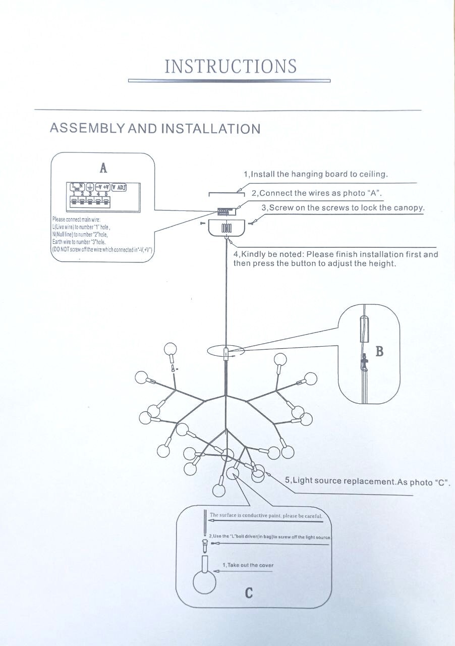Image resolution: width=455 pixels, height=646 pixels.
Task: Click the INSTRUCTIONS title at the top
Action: click(230, 67)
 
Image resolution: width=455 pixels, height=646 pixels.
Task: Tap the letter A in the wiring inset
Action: click(103, 168)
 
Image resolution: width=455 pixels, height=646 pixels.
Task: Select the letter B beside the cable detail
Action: click(379, 351)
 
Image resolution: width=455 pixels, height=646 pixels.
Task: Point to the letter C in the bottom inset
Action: click(249, 593)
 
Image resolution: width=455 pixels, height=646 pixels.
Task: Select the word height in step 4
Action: click(381, 264)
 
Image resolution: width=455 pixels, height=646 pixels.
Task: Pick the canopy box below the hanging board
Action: click(226, 228)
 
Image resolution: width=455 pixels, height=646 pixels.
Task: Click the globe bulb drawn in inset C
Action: click(204, 582)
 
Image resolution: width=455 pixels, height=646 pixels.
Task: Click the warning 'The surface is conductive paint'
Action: click(265, 516)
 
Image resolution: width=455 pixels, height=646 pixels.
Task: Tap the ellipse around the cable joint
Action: click(225, 351)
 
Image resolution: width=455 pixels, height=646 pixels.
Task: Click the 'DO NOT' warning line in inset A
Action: click(102, 250)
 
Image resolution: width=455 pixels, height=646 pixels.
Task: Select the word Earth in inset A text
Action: click(58, 242)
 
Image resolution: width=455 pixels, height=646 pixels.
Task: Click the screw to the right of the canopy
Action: click(252, 221)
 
